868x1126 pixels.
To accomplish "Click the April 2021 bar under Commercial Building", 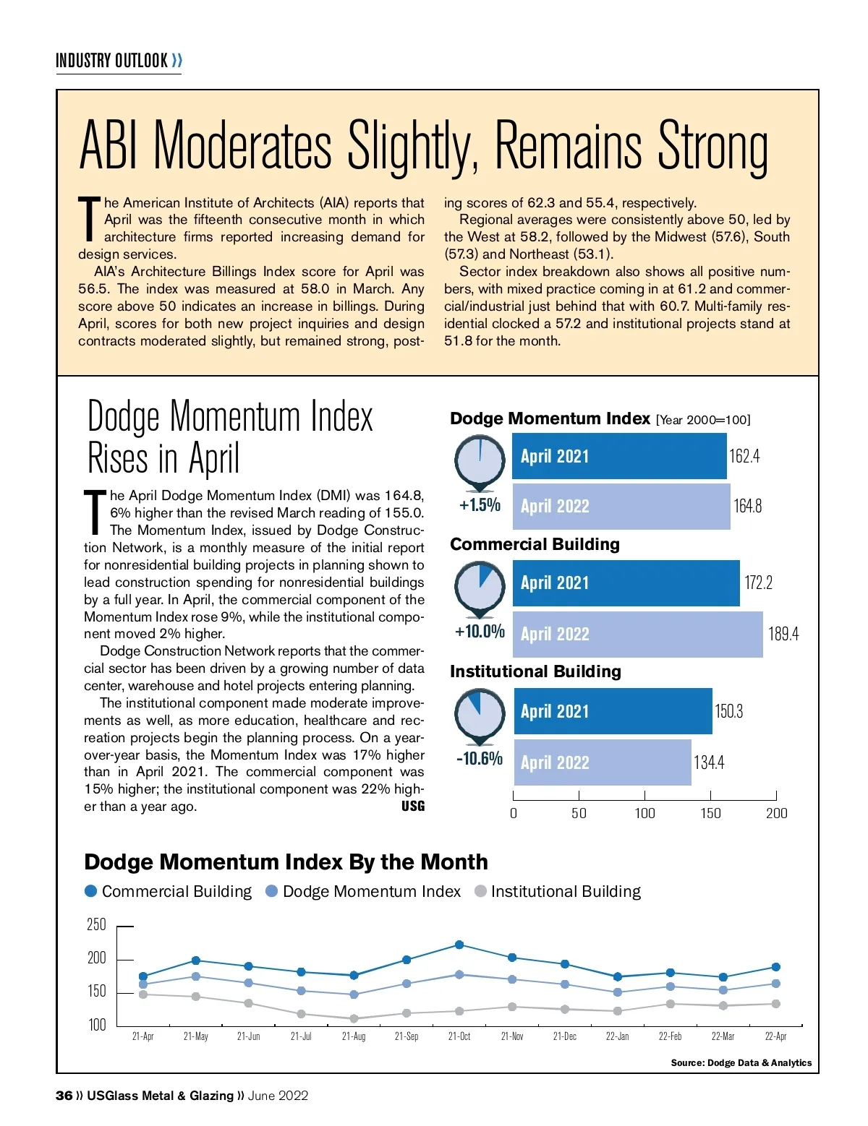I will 626,583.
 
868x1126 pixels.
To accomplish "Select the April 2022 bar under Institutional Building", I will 602,762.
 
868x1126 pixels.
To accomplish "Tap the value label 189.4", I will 783,634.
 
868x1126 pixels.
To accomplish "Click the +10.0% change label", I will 480,632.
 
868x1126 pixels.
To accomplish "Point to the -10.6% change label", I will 480,759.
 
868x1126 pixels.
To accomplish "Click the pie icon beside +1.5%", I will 480,460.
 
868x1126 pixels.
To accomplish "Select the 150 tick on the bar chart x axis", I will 710,813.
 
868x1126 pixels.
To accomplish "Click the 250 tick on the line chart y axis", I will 96,925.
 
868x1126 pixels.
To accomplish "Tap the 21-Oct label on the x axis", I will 459,1036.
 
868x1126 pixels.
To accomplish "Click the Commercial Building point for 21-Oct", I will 459,945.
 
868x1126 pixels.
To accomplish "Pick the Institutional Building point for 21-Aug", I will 354,1018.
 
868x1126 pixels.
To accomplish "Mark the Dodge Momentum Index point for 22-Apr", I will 776,984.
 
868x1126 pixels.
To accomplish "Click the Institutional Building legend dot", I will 480,891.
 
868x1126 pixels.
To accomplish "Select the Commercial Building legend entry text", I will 176,892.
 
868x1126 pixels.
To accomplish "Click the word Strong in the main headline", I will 712,146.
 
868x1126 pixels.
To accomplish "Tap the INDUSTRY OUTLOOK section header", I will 112,61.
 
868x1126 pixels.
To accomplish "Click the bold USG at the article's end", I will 413,806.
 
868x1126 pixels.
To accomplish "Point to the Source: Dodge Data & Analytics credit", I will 741,1062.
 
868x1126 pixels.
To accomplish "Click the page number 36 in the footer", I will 64,1096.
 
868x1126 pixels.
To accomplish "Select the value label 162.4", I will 744,456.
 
